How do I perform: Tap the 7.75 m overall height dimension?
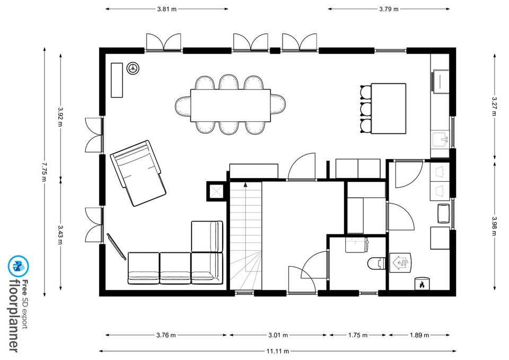point(45,172)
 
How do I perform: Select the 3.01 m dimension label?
point(278,335)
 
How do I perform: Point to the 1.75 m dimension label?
point(358,335)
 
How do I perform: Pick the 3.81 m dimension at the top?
point(167,9)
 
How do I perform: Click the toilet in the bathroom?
point(376,263)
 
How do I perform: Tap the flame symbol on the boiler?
point(422,285)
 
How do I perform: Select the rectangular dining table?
point(231,106)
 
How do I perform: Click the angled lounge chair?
point(138,173)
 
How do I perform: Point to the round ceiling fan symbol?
point(133,68)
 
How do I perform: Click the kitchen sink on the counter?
point(440,139)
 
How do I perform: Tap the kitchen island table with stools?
point(389,108)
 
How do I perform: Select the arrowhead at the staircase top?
point(245,185)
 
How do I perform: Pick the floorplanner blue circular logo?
point(19,266)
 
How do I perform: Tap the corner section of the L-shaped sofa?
point(207,268)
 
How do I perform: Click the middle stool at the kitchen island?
point(365,109)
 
